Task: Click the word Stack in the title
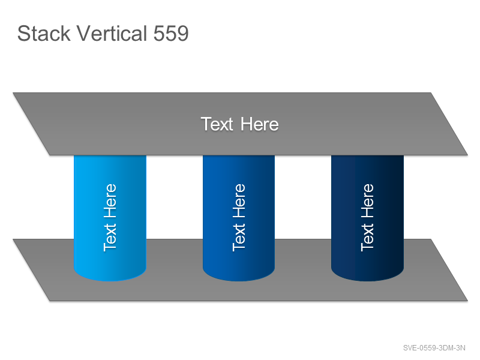(x=44, y=33)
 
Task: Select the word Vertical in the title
(x=112, y=33)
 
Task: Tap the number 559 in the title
(x=171, y=34)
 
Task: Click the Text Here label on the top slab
(x=239, y=124)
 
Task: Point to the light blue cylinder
(x=110, y=218)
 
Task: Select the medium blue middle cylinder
(x=239, y=218)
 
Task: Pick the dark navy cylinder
(x=367, y=218)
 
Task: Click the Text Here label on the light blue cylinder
(x=110, y=218)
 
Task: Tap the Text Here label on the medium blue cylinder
(x=239, y=218)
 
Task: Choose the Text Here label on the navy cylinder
(x=367, y=218)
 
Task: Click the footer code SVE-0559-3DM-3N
(x=434, y=348)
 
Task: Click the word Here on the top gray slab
(x=260, y=124)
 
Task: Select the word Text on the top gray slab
(x=217, y=124)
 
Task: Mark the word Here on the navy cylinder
(x=367, y=201)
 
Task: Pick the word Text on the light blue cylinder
(x=110, y=238)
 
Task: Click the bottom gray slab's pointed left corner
(x=13, y=239)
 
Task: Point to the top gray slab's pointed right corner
(x=467, y=155)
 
